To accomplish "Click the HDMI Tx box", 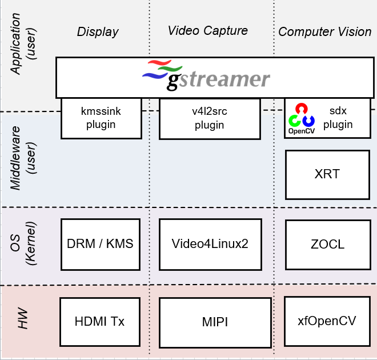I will (x=100, y=321).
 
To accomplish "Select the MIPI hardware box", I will (x=215, y=322).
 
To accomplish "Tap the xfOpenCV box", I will (x=327, y=321).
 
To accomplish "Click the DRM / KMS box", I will (x=100, y=244).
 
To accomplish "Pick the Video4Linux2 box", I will (x=210, y=244).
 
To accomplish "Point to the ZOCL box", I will (x=327, y=244).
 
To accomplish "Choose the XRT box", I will (x=327, y=174).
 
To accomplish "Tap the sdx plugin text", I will (x=342, y=118).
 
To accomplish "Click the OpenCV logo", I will (x=302, y=118).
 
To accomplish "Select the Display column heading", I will (x=98, y=31).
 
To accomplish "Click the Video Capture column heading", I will (x=208, y=30).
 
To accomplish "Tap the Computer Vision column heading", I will (x=325, y=31).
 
